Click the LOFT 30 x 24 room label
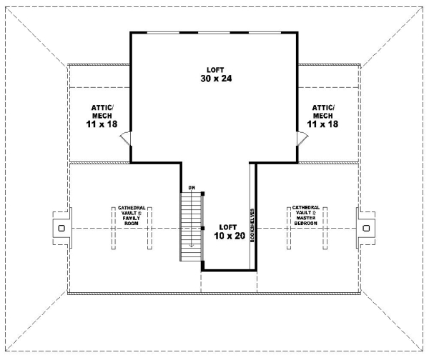[x=214, y=74]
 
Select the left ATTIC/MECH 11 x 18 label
[x=102, y=115]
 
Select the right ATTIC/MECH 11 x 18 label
[x=322, y=115]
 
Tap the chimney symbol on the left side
[x=61, y=227]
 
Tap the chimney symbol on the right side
[x=366, y=227]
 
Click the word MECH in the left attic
[x=102, y=115]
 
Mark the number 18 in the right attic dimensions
[x=332, y=124]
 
